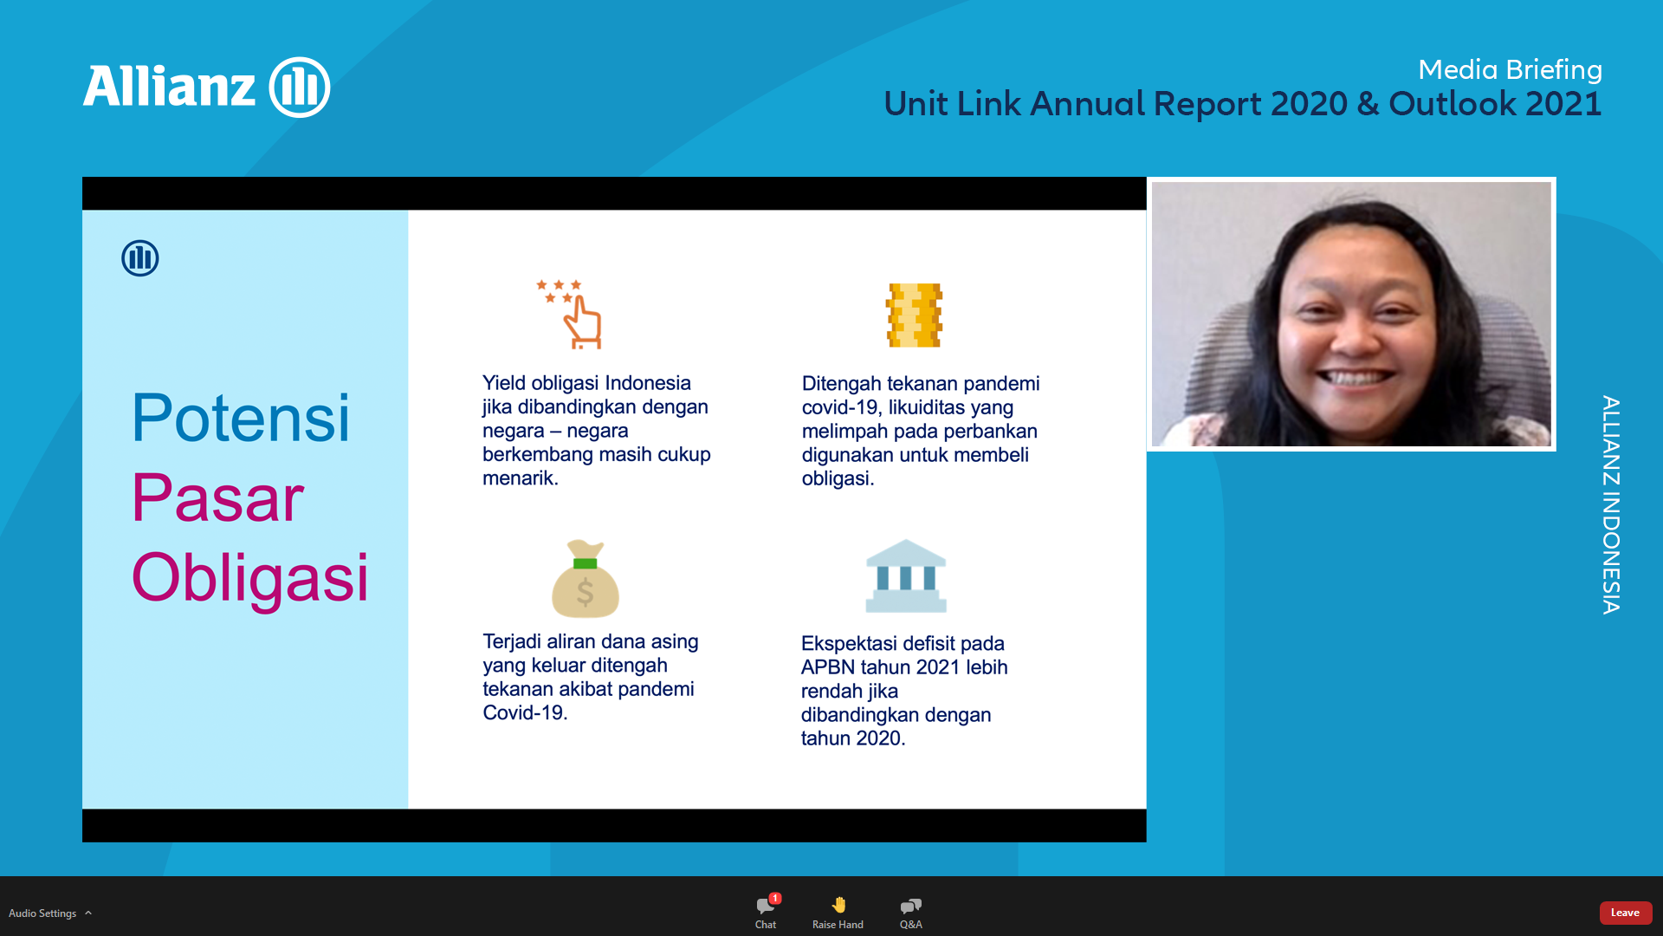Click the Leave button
(1625, 913)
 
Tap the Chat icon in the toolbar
(766, 906)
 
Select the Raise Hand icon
(838, 905)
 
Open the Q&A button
(910, 906)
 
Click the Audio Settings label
(42, 913)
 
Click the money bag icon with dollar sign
(586, 578)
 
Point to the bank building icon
(906, 575)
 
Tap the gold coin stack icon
(914, 315)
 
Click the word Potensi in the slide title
(241, 418)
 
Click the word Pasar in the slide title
(217, 498)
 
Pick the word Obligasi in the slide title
(250, 578)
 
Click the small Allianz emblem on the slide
(140, 258)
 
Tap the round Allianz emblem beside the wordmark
(300, 87)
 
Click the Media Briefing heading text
(1510, 69)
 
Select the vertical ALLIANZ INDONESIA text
(1610, 505)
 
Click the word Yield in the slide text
(504, 383)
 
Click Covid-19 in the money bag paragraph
(525, 713)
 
